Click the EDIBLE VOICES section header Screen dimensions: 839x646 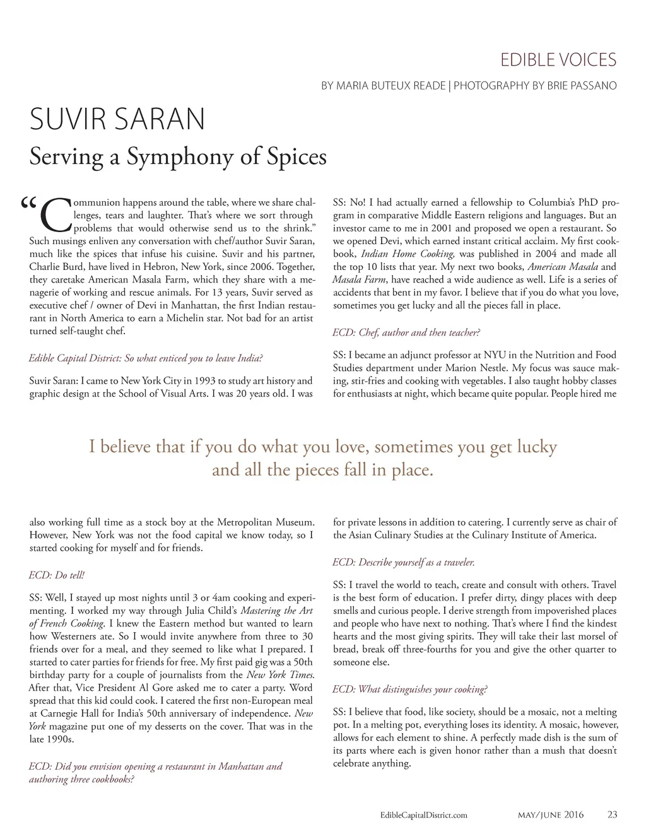tap(558, 61)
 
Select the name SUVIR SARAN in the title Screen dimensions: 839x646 tap(117, 119)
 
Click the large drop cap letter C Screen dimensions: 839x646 tap(55, 216)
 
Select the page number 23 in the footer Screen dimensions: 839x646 tap(612, 814)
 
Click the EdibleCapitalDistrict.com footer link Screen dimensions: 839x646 tap(424, 815)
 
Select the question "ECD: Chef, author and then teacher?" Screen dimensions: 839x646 tap(406, 332)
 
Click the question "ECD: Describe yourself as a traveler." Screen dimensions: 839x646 tap(403, 562)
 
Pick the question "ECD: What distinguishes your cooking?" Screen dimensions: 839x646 tap(409, 689)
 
